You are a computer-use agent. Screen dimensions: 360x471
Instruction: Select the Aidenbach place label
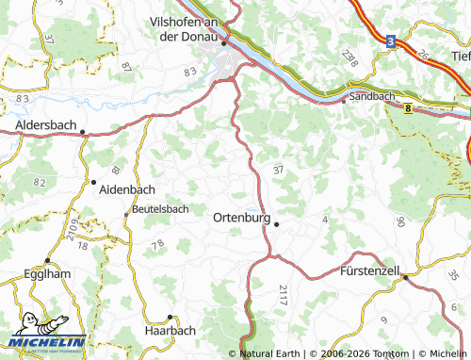[x=126, y=188]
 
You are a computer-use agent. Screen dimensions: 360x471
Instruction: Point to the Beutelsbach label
[x=160, y=208]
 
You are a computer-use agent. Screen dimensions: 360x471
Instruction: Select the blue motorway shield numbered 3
[x=390, y=41]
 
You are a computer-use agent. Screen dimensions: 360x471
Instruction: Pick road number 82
[x=39, y=180]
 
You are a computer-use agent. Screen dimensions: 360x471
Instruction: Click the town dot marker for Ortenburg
[x=277, y=223]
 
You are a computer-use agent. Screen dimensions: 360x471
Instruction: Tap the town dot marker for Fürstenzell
[x=405, y=277]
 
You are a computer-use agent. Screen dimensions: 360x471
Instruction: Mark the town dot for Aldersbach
[x=83, y=132]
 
